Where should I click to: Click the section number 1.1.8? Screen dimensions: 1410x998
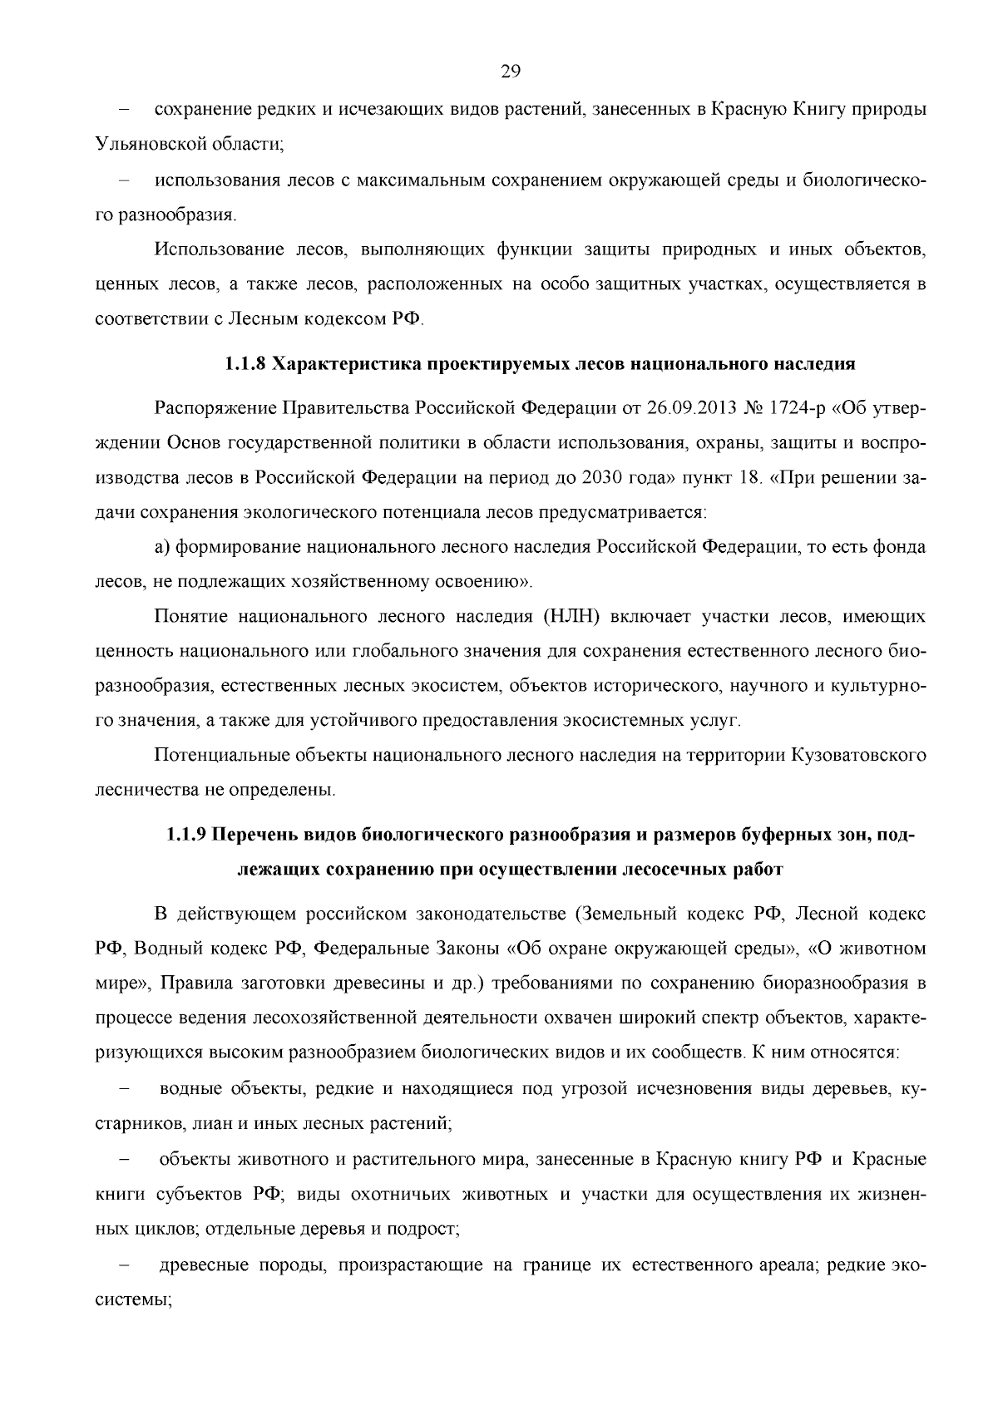245,364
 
